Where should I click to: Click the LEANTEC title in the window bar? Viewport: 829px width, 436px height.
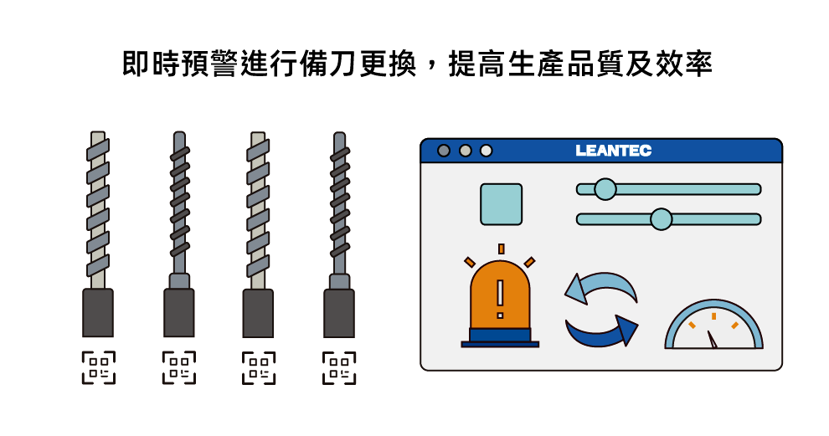(613, 151)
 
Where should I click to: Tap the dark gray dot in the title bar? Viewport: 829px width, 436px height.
(444, 151)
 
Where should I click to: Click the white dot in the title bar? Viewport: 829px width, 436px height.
(486, 151)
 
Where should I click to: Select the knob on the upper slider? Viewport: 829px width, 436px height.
(605, 189)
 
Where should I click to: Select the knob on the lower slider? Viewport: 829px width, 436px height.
(661, 218)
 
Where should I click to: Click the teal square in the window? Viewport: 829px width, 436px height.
(502, 204)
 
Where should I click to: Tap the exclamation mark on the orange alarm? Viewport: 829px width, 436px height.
(500, 299)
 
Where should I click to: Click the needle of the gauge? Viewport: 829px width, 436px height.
(712, 339)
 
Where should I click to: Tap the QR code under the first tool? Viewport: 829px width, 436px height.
(98, 367)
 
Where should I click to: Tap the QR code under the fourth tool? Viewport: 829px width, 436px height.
(339, 367)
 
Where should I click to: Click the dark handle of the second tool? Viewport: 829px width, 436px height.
(178, 313)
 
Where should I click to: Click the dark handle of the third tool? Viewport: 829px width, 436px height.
(258, 313)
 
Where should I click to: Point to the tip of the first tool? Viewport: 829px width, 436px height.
(98, 132)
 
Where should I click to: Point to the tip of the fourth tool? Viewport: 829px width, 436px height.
(339, 133)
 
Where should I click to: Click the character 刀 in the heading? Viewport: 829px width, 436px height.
(343, 64)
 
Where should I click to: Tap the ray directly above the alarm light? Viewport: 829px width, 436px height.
(502, 249)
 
